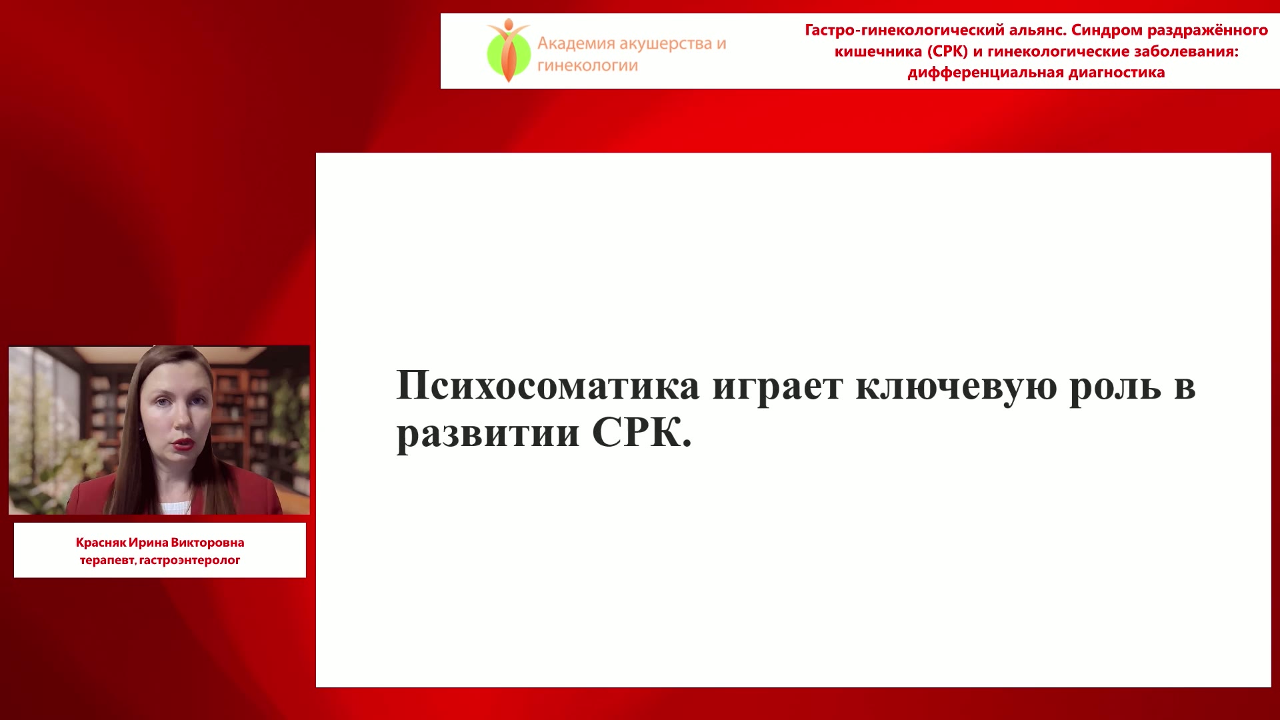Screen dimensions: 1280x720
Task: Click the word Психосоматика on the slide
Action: click(548, 385)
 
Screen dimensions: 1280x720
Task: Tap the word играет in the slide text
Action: click(777, 389)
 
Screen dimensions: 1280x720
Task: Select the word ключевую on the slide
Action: click(956, 387)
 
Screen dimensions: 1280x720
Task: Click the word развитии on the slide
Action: click(488, 435)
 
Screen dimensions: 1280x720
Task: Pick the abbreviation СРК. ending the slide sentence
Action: click(642, 433)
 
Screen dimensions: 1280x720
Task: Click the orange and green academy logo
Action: click(508, 51)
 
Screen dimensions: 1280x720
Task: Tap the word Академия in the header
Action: click(576, 44)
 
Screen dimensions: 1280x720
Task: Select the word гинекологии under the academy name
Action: click(587, 65)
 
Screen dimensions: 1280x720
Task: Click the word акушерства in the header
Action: click(666, 45)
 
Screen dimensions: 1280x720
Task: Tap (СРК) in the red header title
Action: click(947, 51)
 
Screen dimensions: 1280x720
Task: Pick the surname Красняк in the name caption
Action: click(101, 543)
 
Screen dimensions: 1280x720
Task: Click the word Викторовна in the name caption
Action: click(207, 543)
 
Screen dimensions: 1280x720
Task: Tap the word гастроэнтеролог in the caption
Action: click(189, 561)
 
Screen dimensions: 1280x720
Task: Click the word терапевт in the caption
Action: click(108, 561)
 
